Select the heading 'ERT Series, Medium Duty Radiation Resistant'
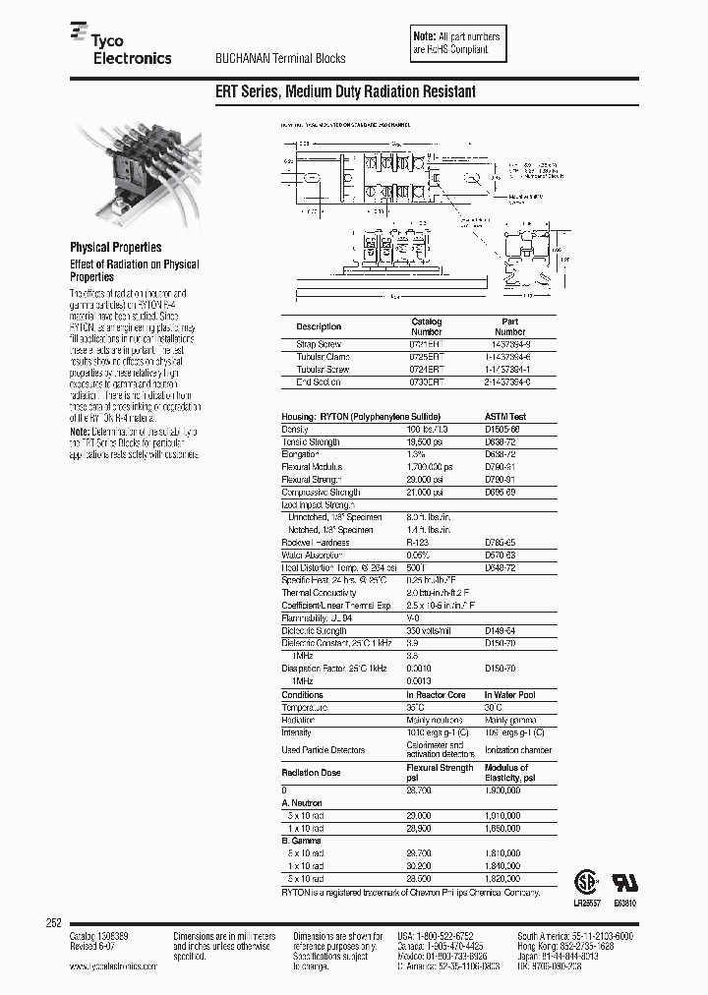pos(345,91)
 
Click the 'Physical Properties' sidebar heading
pos(115,248)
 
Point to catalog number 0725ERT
pos(427,357)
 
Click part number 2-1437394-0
pos(509,381)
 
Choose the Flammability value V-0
pos(414,617)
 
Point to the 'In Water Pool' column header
pos(510,694)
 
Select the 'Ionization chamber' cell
pos(518,750)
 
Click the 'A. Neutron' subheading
pos(303,802)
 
